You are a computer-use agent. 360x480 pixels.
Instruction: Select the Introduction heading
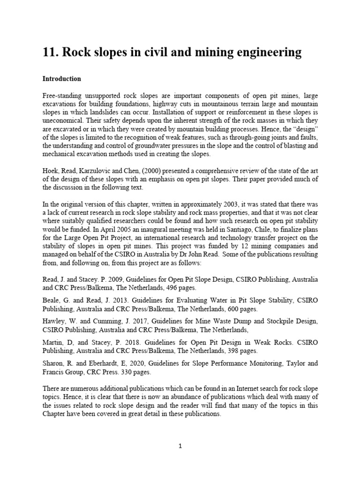[61, 79]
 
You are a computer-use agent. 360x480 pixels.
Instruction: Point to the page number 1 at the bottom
[180, 446]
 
